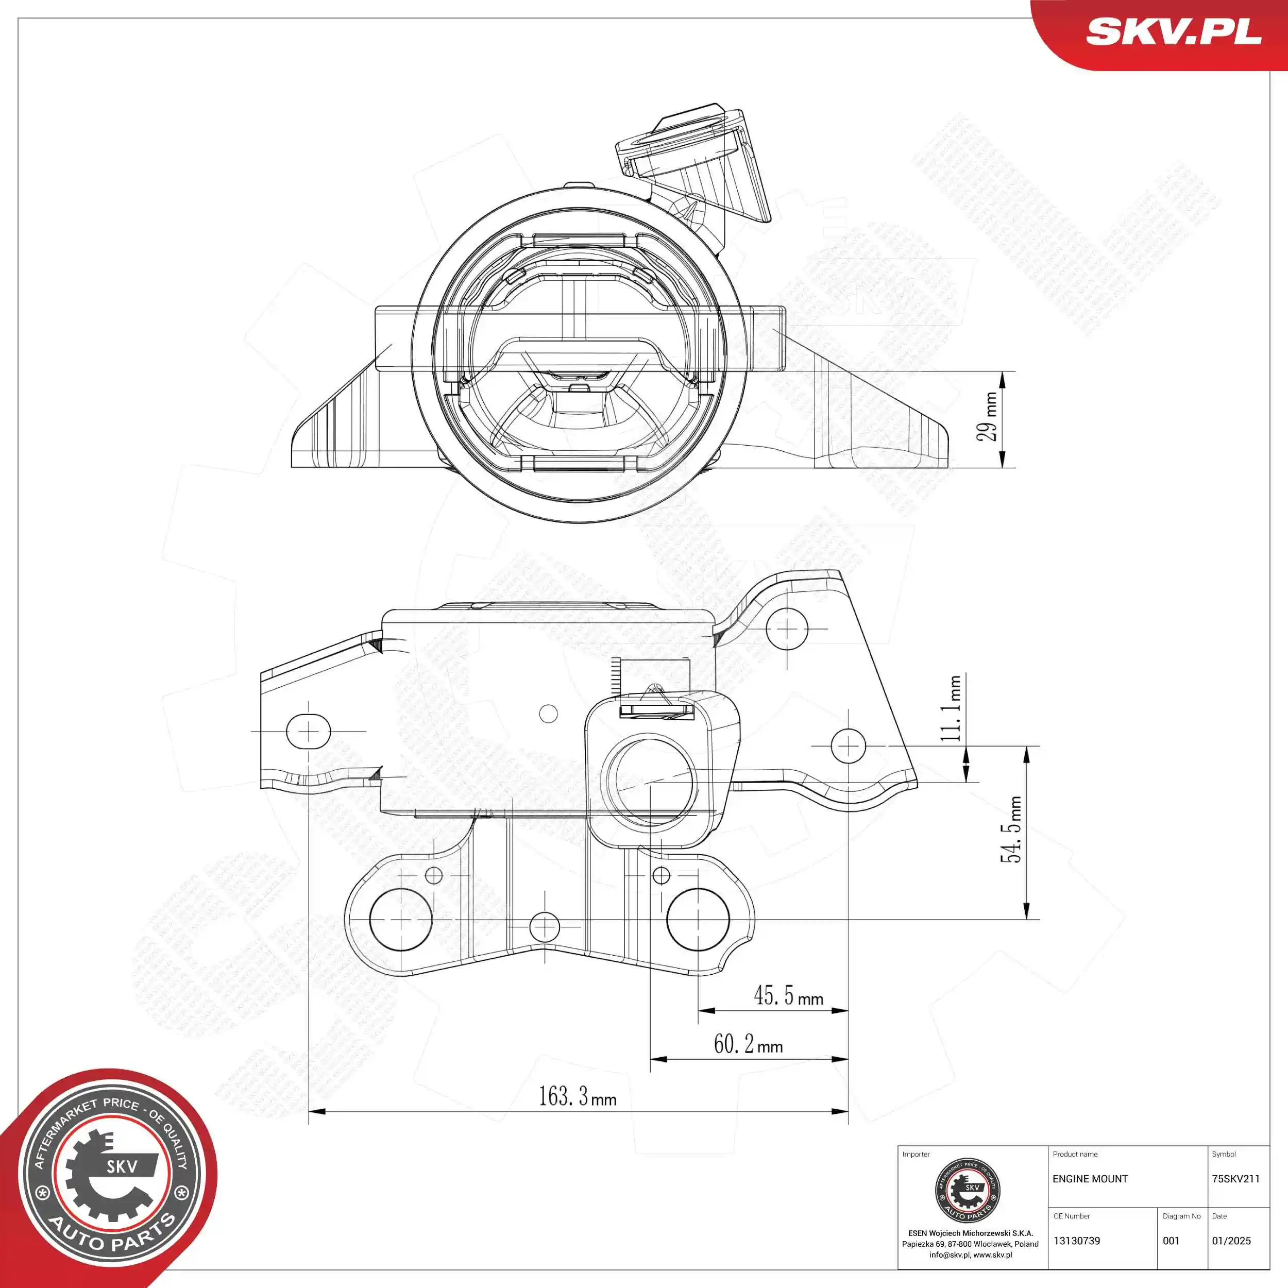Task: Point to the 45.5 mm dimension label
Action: tap(788, 996)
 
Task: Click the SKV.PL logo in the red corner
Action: tap(1173, 31)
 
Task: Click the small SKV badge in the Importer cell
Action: tap(968, 1190)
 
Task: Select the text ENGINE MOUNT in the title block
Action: tap(1090, 1179)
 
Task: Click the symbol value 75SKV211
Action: tap(1235, 1179)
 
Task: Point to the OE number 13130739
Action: tap(1077, 1241)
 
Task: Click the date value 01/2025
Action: tap(1231, 1241)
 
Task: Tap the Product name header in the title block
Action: tap(1075, 1154)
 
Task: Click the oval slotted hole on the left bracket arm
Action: tap(308, 732)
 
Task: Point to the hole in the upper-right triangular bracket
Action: tap(787, 629)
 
